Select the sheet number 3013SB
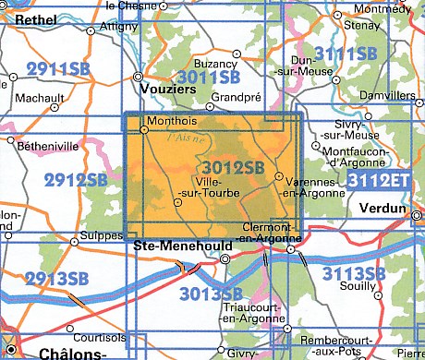212,294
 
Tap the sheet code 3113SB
354,273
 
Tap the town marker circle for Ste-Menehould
225,260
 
